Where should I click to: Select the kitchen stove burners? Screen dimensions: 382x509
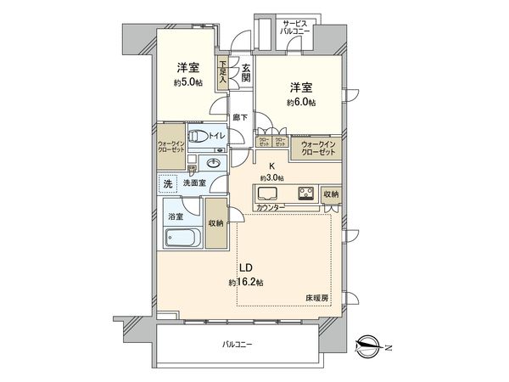[305, 193]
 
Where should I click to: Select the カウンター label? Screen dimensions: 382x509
[271, 207]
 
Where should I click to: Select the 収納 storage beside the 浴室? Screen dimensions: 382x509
[215, 223]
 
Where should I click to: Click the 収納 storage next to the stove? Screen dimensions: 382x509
[330, 194]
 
